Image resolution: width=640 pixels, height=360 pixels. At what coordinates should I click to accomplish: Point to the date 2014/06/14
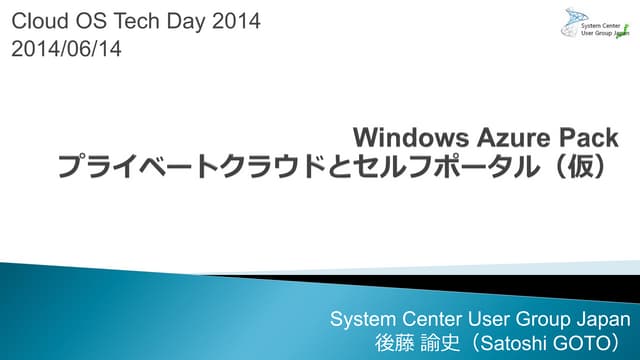[x=66, y=47]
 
